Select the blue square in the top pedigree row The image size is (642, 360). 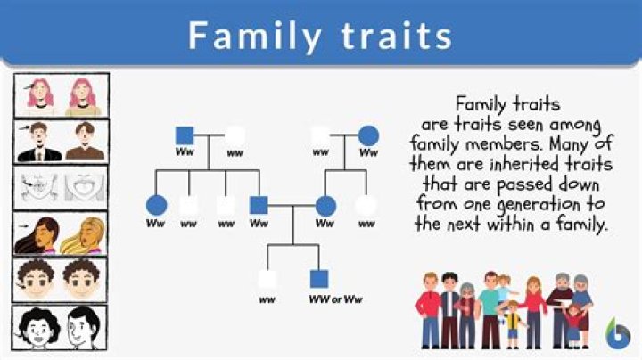click(185, 136)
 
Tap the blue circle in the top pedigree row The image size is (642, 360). click(368, 136)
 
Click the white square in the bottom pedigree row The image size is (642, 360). click(267, 279)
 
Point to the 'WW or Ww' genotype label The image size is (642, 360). click(334, 299)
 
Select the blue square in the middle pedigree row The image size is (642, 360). click(259, 206)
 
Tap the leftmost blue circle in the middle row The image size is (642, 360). click(156, 206)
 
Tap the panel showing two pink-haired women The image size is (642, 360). click(62, 96)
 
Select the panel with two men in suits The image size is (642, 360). click(62, 141)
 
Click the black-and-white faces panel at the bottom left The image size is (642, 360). click(62, 328)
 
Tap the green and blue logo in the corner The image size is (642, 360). click(617, 334)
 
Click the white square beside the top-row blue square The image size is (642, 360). click(235, 136)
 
